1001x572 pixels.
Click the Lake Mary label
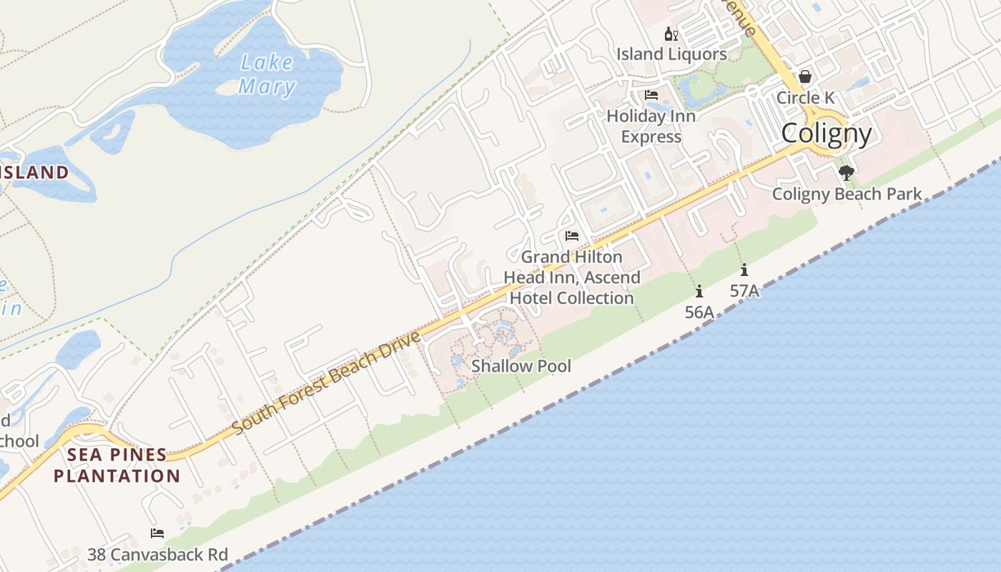point(267,74)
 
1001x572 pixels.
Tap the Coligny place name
point(827,134)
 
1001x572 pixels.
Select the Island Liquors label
point(671,54)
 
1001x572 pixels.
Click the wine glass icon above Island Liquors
point(671,34)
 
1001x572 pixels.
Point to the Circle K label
point(805,97)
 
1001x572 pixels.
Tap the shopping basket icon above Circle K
point(805,77)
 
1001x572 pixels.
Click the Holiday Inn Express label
point(651,126)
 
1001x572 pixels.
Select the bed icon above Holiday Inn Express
point(651,95)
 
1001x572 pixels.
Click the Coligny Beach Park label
point(847,194)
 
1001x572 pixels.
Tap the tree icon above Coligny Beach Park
point(847,172)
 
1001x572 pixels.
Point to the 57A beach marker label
point(744,291)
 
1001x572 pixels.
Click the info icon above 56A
point(699,291)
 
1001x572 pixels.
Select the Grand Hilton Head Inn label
point(571,277)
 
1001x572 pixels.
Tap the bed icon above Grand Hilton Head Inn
point(571,235)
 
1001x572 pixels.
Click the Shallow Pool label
point(521,366)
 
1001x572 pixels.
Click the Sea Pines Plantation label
point(117,465)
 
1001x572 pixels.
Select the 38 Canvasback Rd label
point(157,554)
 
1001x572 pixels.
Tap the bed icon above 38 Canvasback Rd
point(157,533)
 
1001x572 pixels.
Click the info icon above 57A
point(744,270)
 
